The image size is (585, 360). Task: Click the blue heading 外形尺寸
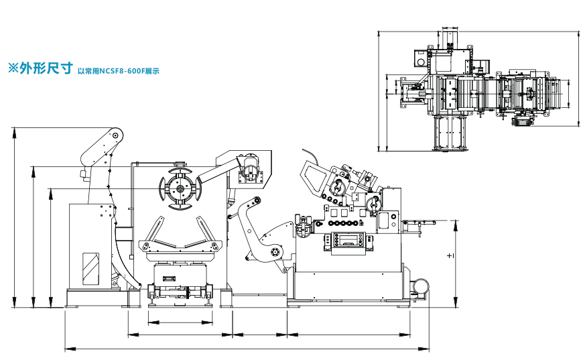coord(46,68)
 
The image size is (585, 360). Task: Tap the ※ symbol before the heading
coord(13,68)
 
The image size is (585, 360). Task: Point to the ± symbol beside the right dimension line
coord(450,256)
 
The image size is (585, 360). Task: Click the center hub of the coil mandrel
coord(180,188)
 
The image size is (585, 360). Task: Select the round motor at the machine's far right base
coord(421,286)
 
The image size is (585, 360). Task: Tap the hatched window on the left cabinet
coord(90,268)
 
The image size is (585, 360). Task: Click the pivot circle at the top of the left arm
coord(115,135)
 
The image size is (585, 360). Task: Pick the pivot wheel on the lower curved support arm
coord(275,252)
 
